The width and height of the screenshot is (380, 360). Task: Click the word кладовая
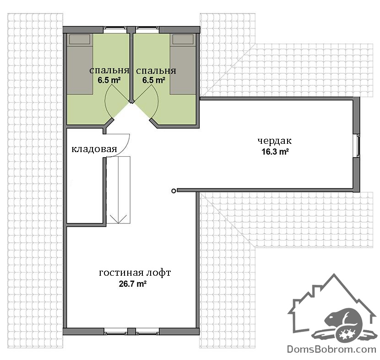coord(94,149)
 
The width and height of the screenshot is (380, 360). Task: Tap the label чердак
coord(275,141)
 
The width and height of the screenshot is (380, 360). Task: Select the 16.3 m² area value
coord(275,152)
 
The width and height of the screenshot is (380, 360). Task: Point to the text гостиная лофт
coord(135,273)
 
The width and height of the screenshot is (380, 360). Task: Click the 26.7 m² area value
coord(133,284)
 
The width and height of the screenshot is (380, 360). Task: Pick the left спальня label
coord(109,71)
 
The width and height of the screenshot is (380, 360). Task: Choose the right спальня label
coord(156,71)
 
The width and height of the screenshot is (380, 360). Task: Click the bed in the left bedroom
coord(80,64)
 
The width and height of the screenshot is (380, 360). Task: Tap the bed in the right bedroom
coord(183,64)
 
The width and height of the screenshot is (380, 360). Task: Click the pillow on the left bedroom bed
coord(80,39)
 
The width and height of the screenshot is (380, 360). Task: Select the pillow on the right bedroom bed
coord(183,39)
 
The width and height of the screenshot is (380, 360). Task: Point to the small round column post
coord(174,191)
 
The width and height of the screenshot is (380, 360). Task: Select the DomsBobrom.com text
coord(331,349)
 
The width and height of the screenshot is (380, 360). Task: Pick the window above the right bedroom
coord(147,30)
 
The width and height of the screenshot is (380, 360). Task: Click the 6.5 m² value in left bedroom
coord(109,80)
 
